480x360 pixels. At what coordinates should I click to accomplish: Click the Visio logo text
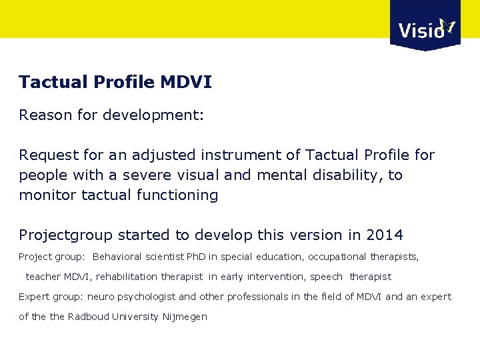coord(420,30)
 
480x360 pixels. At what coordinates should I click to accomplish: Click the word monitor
coord(47,195)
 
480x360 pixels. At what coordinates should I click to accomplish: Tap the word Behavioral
coord(117,257)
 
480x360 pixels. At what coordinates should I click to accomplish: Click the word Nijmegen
coord(185,317)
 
